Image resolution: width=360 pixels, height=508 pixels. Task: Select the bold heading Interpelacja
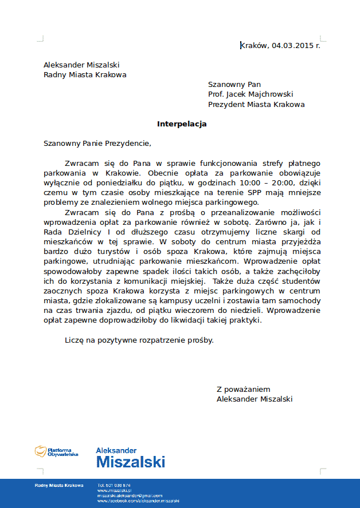point(182,124)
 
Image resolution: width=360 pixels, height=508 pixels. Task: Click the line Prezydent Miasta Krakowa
point(256,105)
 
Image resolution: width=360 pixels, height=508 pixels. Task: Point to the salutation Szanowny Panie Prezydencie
point(97,143)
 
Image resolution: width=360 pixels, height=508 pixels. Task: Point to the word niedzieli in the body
point(248,310)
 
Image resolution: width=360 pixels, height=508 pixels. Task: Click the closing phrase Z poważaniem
point(243,389)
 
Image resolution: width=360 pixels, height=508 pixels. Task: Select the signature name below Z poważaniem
point(255,399)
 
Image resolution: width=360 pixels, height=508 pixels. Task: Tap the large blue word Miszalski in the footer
point(131,462)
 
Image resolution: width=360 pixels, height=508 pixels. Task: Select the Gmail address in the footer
point(130,495)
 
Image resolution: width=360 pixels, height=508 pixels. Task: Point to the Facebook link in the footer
point(138,501)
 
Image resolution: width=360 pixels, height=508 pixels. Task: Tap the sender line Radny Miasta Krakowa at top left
point(85,74)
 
